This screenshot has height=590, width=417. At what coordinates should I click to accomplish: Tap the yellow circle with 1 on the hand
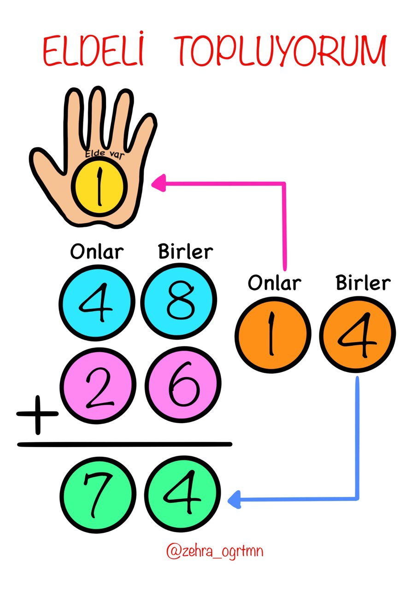tap(99, 188)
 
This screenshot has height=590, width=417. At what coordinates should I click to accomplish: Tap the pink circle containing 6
tap(181, 385)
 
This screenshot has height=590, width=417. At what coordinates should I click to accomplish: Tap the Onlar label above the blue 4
tap(97, 252)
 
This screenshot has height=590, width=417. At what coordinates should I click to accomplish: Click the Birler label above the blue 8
tap(186, 252)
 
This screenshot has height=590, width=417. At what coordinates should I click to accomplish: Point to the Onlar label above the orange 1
tap(275, 282)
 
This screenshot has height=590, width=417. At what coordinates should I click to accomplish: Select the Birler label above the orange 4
tap(363, 282)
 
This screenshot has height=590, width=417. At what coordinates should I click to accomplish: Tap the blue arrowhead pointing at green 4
tap(235, 499)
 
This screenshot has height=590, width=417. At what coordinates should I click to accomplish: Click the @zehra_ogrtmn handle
tap(215, 551)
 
